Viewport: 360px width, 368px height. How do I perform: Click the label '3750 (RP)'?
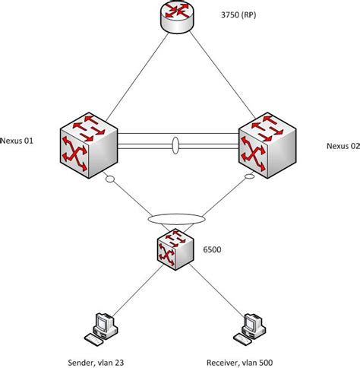point(238,15)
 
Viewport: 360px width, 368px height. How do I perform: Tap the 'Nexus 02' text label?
point(343,146)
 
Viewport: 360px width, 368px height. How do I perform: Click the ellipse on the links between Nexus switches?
point(177,144)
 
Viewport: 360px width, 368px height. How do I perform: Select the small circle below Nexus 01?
point(111,179)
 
